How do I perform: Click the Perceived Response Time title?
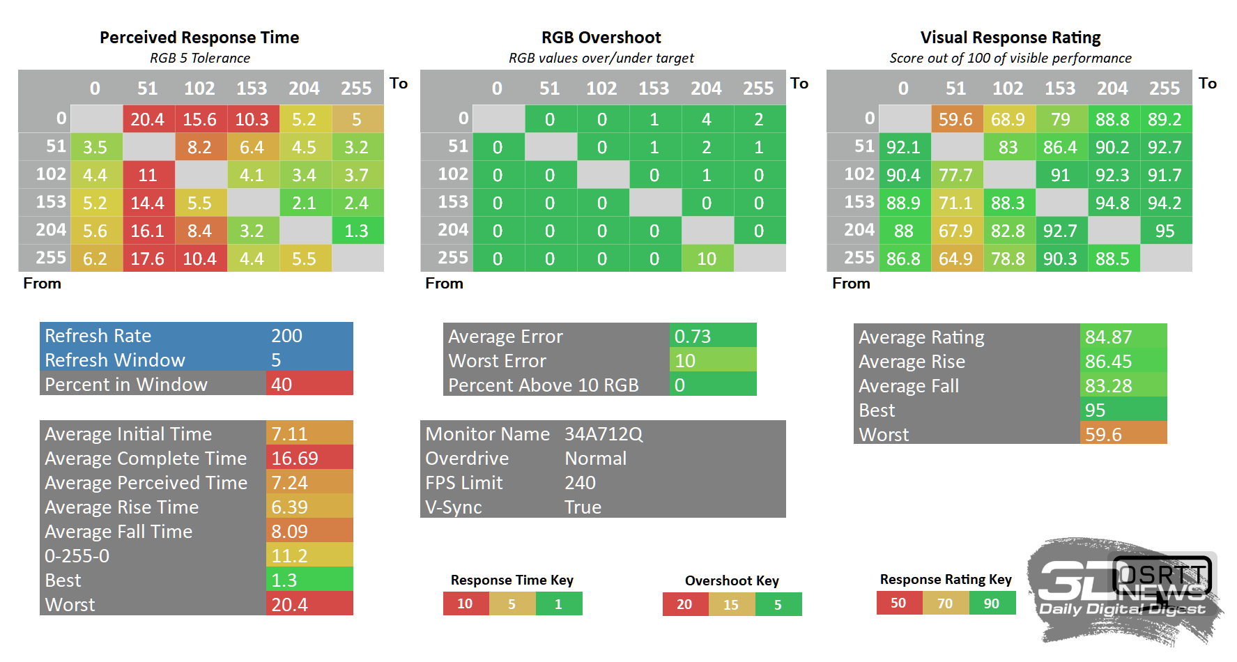point(199,38)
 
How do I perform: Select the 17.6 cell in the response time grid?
point(148,259)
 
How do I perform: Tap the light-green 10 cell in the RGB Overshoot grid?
point(707,259)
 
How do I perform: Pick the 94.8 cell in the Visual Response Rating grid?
point(1112,203)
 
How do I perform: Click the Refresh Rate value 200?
point(286,336)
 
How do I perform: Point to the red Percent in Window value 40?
point(309,384)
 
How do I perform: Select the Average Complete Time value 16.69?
point(309,458)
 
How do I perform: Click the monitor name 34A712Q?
point(604,434)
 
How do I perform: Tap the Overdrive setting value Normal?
point(596,459)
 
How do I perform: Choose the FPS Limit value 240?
point(580,483)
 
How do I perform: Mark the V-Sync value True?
point(583,507)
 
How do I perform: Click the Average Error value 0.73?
point(713,336)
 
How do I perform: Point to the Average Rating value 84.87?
point(1123,337)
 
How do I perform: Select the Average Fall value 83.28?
point(1123,385)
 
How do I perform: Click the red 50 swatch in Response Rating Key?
point(899,603)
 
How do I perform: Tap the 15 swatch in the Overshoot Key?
point(731,604)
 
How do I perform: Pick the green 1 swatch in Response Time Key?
point(559,603)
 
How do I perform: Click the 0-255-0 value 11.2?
point(309,555)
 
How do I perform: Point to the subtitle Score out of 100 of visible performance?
point(1011,59)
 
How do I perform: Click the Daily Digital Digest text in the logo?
point(1122,609)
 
